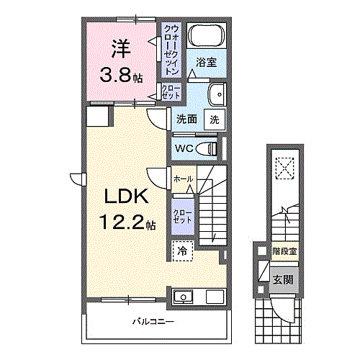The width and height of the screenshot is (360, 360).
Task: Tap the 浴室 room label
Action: pyautogui.click(x=207, y=63)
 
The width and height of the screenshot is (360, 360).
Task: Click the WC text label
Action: pyautogui.click(x=182, y=149)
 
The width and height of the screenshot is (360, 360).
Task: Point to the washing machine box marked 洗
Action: pyautogui.click(x=215, y=120)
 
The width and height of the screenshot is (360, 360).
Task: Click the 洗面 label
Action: pyautogui.click(x=186, y=120)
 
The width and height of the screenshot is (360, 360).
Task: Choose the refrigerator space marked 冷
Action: pyautogui.click(x=183, y=251)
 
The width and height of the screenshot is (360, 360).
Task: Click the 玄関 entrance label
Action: pyautogui.click(x=282, y=279)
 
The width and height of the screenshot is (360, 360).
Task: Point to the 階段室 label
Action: pyautogui.click(x=284, y=251)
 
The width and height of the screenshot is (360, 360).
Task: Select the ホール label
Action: pyautogui.click(x=182, y=177)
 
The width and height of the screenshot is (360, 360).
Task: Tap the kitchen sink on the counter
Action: pyautogui.click(x=183, y=296)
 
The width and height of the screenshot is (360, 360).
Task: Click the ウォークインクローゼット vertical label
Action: pyautogui.click(x=171, y=50)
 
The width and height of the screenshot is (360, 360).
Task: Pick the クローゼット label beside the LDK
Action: pyautogui.click(x=182, y=215)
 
